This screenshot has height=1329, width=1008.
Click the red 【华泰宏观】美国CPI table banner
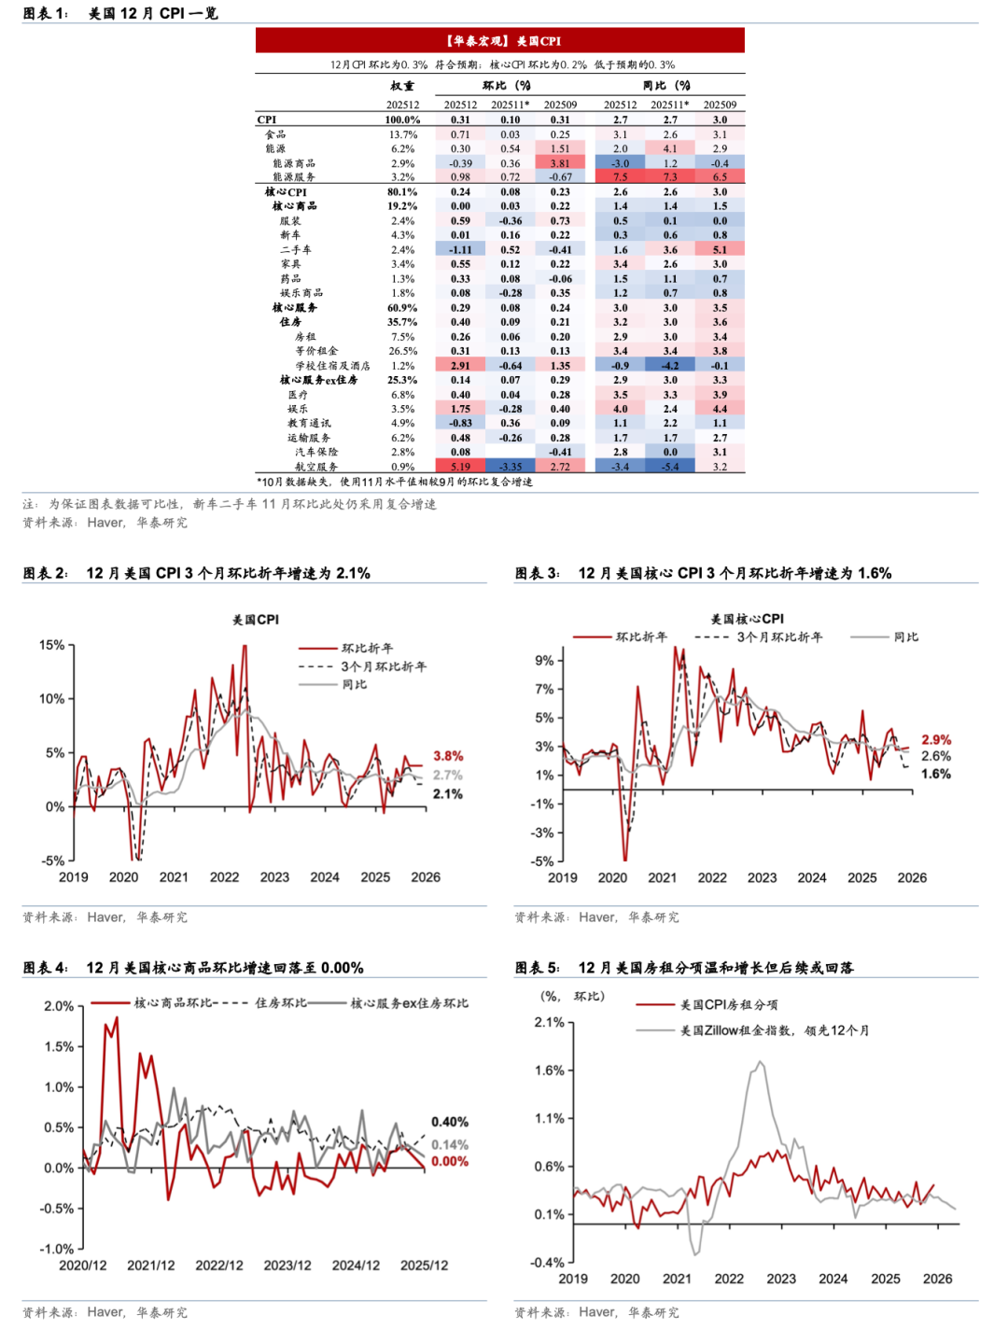500,40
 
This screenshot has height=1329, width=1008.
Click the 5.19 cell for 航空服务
460,467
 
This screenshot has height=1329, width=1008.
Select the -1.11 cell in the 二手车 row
460,250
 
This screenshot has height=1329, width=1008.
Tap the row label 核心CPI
286,192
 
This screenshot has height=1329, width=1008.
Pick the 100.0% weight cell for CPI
402,119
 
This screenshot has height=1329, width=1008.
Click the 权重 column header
402,86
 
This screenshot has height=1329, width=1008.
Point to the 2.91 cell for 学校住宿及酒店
460,366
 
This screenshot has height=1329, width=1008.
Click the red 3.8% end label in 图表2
448,756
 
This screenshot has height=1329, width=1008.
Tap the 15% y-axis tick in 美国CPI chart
51,645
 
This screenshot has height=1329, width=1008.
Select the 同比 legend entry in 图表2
354,684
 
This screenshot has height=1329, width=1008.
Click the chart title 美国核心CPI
747,619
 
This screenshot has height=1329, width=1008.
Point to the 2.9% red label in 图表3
936,739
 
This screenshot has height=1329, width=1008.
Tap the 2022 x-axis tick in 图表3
712,877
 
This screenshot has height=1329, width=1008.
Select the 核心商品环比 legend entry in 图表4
173,1002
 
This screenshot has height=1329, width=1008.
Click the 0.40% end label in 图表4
450,1122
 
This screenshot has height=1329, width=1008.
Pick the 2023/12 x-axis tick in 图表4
287,1266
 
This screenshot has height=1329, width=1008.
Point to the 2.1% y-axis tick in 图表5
549,1022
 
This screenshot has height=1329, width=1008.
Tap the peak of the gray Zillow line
761,1062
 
